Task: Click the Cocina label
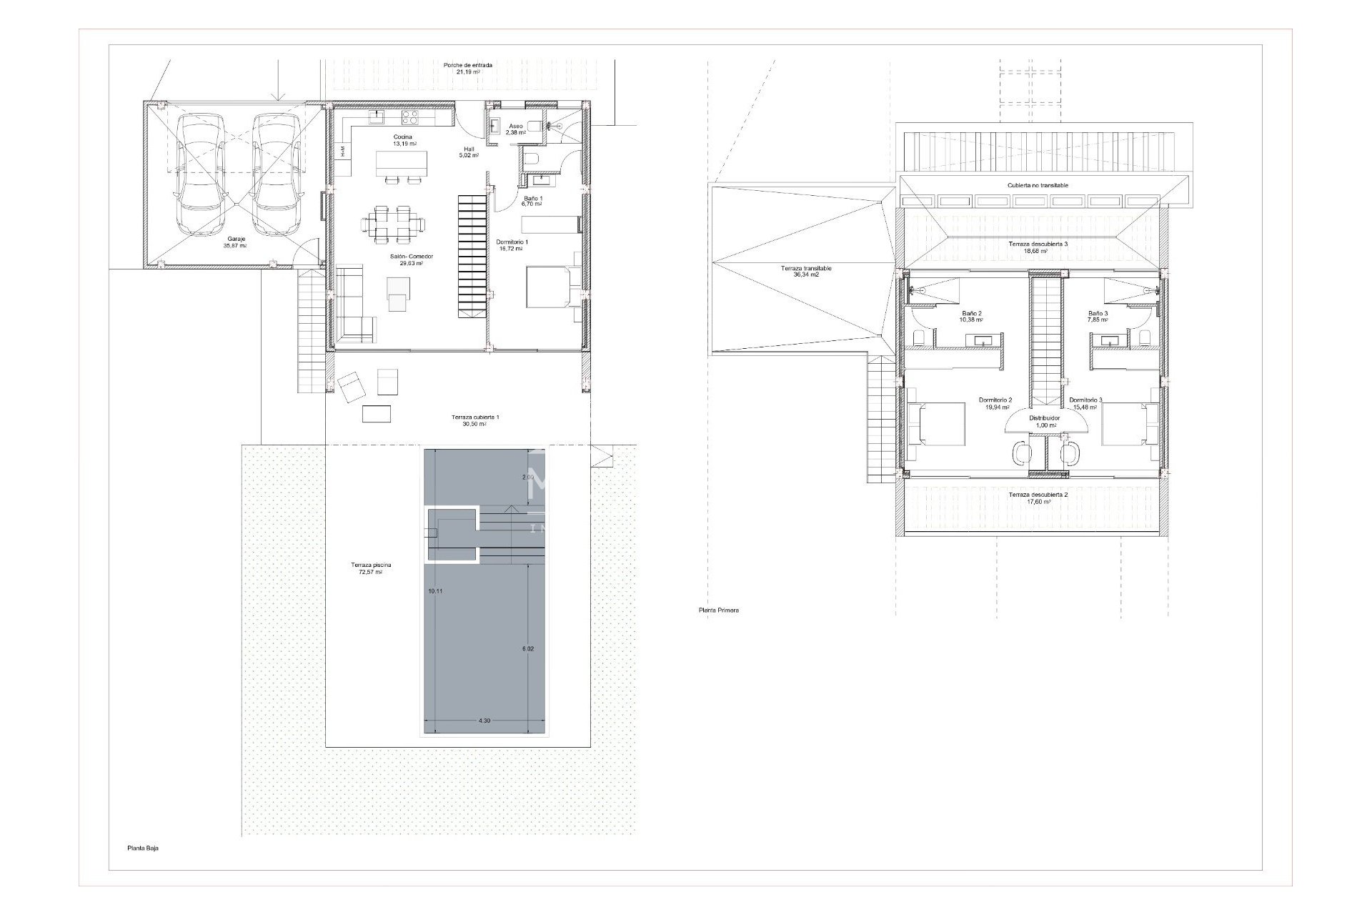[x=403, y=137]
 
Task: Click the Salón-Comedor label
[x=412, y=257]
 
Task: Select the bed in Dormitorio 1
[x=549, y=287]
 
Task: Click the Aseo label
[x=515, y=126]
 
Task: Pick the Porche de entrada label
[x=467, y=65]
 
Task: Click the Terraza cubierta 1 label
[x=475, y=417]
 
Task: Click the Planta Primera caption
[x=719, y=610]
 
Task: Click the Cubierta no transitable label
[x=1038, y=185]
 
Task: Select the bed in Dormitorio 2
[x=938, y=431]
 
